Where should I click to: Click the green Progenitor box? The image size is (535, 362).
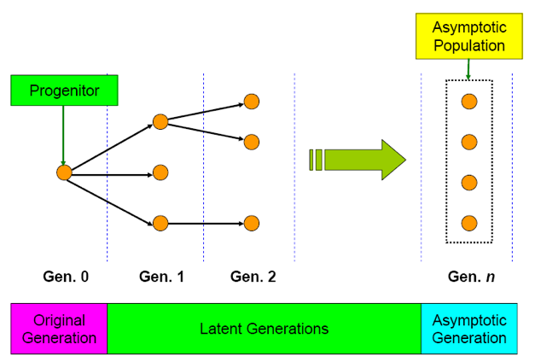coord(64,90)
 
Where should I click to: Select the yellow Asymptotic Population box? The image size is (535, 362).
coord(468,36)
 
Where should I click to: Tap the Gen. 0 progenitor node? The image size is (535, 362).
coord(64,172)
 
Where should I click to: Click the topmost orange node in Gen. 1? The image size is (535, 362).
coord(160,121)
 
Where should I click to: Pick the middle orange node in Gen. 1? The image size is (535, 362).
coord(160,172)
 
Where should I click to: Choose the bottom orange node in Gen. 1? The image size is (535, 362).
coord(160,224)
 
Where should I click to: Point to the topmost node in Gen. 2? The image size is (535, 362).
coord(251,102)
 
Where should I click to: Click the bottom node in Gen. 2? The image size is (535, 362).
coord(251,224)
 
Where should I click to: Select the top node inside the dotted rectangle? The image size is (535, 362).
coord(468,102)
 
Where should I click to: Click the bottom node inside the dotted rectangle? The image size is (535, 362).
coord(468,224)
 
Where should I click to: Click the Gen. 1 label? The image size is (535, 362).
coord(161,277)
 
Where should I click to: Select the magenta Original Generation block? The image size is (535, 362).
coord(59,329)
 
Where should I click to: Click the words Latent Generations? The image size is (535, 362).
coord(264,329)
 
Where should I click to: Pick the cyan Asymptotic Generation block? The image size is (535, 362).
coord(469,329)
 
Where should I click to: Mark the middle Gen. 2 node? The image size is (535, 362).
coord(251,142)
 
